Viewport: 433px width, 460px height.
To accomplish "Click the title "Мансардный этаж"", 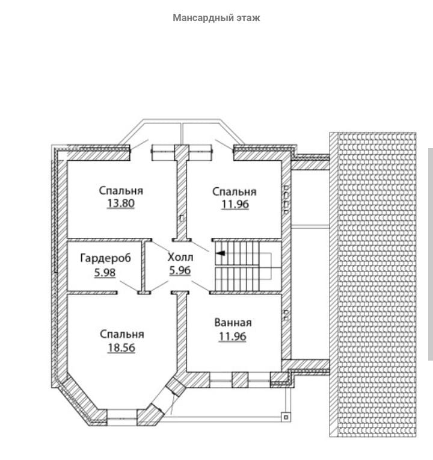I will [x=216, y=18].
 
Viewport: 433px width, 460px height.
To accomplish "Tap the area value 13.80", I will [x=121, y=204].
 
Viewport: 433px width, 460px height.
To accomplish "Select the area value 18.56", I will [x=121, y=347].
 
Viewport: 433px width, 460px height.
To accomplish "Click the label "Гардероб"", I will [x=105, y=259].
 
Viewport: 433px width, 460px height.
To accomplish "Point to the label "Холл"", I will [x=180, y=257].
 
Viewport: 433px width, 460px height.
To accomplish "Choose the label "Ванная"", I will [x=233, y=323].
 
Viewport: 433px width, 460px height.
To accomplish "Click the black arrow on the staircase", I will [x=221, y=253].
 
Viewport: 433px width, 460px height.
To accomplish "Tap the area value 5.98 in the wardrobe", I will [x=105, y=272].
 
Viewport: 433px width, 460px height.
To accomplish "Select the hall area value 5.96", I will [x=180, y=270].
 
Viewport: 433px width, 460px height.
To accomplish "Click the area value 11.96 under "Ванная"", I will [x=233, y=337].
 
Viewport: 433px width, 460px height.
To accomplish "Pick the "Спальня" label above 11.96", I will [x=235, y=191].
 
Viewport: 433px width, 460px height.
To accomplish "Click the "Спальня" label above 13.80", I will [x=121, y=190].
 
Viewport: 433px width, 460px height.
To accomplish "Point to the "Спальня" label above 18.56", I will [x=121, y=334].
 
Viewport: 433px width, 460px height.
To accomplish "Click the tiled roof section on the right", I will [x=372, y=283].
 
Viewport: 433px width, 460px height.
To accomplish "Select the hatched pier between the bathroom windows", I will [x=240, y=380].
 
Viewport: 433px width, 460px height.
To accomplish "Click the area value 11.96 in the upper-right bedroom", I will [x=235, y=205].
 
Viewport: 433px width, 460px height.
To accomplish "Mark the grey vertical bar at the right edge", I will [x=430, y=253].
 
